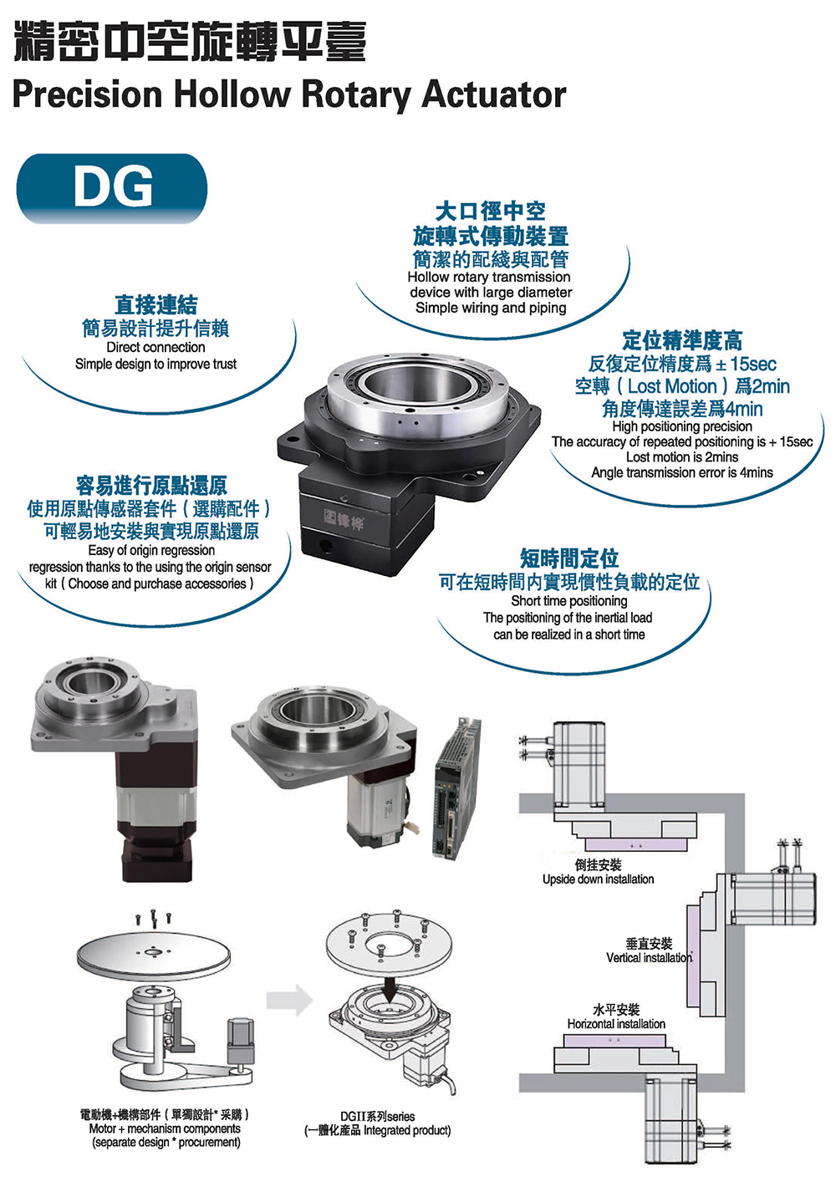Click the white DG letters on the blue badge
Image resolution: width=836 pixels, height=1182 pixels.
point(114,186)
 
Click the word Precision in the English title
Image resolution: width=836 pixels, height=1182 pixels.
point(88,94)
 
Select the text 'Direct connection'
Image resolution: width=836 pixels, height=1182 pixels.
point(155,347)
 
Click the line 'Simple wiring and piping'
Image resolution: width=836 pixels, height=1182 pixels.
point(491,308)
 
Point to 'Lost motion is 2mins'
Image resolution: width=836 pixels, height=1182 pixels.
point(682,457)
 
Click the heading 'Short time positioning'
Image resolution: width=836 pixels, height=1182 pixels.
point(569,601)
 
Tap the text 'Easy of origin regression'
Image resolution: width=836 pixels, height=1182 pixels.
point(151,550)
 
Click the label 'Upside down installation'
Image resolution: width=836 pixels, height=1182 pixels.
point(598,879)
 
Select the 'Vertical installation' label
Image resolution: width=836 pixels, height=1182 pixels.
point(650,958)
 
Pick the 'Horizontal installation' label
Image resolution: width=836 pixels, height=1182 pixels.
point(616,1024)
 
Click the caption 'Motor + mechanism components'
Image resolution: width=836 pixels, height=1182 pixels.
point(165,1129)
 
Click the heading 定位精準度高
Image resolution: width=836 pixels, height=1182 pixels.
point(682,340)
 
